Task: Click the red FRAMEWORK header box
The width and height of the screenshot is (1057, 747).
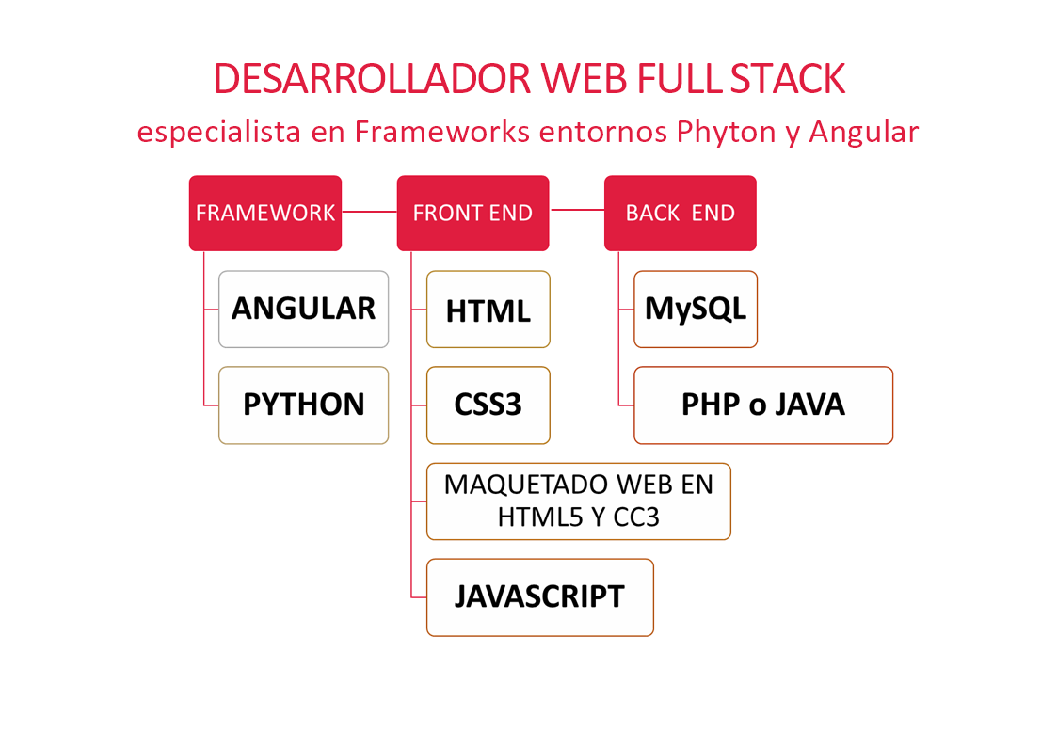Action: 264,213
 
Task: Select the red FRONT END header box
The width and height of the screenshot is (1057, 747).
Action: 472,213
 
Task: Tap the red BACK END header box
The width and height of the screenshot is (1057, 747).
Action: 681,213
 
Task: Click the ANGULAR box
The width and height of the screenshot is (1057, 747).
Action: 303,310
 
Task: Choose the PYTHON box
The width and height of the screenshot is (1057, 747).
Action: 303,405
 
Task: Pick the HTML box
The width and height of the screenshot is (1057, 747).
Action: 488,310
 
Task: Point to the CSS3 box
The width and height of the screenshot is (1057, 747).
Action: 488,405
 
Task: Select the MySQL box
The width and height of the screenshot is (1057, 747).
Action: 696,310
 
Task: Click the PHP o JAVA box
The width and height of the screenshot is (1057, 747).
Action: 763,405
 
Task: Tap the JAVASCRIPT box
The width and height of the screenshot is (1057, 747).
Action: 540,597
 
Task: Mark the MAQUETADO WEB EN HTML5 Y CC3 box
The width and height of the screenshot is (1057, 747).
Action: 578,501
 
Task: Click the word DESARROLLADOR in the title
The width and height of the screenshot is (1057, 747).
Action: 373,79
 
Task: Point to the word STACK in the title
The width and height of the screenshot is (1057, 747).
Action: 788,79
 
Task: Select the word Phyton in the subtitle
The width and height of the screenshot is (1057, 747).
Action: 726,132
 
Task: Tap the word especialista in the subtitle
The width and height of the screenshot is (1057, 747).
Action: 219,132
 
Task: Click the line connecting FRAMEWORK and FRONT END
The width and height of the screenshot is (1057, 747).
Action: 369,212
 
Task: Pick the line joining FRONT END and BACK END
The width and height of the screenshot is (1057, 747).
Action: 577,210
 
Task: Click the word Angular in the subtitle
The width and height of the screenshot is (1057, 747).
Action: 863,132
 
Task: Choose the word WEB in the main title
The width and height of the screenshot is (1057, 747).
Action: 584,79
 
